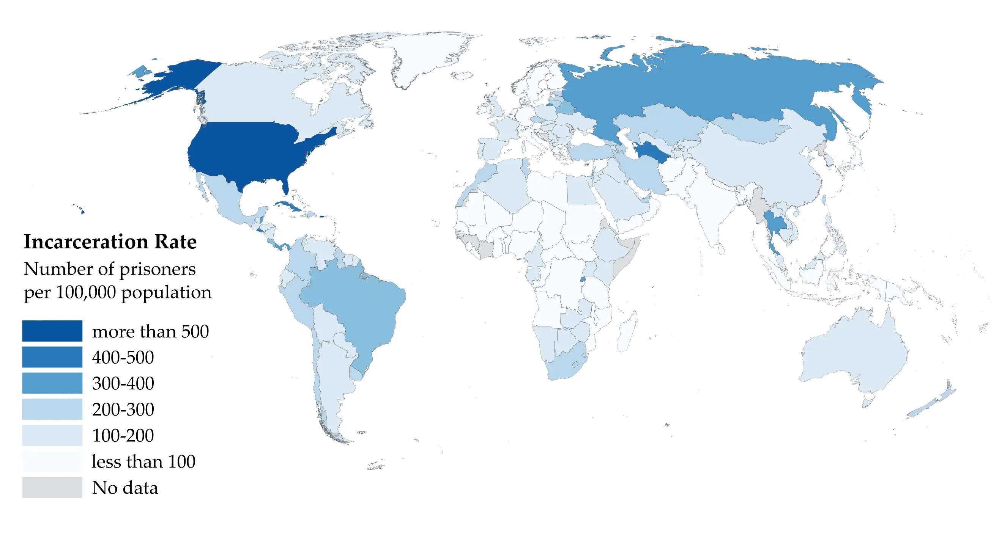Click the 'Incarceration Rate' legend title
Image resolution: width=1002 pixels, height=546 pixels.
(110, 242)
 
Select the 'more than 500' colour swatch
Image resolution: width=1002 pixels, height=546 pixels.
(52, 331)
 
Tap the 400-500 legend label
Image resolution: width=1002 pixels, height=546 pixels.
(123, 357)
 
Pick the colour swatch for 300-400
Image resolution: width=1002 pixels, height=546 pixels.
(52, 383)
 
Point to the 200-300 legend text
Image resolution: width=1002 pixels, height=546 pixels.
(123, 409)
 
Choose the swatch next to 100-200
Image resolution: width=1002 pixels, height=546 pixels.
(52, 435)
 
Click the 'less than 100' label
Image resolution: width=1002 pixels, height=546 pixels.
(143, 461)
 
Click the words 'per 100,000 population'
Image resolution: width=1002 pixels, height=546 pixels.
(118, 292)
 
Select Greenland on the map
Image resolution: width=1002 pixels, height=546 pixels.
(428, 54)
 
